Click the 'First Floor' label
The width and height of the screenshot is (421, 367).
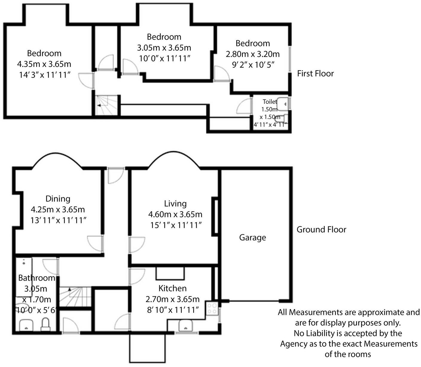[x=315, y=74]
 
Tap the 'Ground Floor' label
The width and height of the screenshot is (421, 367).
[x=321, y=230]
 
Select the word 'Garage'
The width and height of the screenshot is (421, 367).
[x=252, y=237]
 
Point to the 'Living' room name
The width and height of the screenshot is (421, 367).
[x=175, y=204]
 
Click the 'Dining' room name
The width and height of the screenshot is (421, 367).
[x=58, y=199]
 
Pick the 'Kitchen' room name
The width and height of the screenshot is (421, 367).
[x=172, y=288]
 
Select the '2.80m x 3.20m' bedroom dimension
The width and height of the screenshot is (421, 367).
[x=253, y=54]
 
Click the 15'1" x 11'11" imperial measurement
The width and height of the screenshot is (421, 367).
[x=175, y=225]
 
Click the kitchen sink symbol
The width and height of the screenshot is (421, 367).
[x=186, y=325]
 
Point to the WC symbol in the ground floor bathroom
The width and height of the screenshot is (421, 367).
[x=45, y=325]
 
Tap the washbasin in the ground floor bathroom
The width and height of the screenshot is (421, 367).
[x=26, y=325]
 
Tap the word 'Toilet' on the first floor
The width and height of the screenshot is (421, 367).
[x=270, y=102]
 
